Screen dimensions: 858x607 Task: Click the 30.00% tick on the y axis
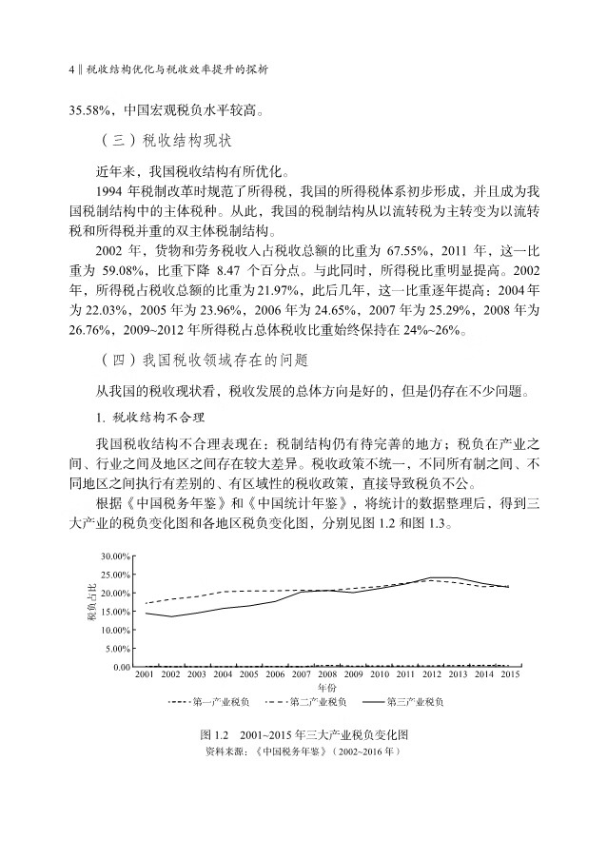click(115, 556)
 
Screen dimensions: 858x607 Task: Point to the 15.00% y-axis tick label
click(115, 612)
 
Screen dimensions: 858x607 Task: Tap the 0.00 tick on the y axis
click(119, 667)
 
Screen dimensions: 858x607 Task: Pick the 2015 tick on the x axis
click(509, 674)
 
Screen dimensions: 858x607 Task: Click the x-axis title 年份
click(326, 687)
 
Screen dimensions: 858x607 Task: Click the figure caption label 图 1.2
click(218, 735)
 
